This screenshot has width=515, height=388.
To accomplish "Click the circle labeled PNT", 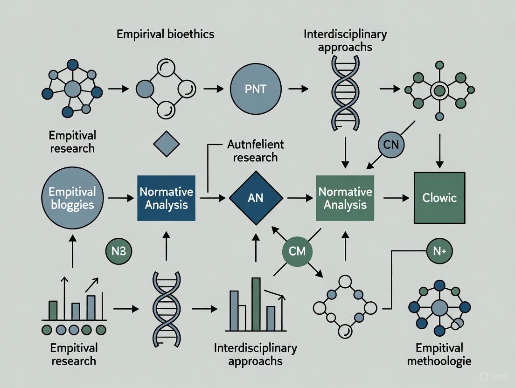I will point(256,89).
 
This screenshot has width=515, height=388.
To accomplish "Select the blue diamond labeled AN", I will point(256,198).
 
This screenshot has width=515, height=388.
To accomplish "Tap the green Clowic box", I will point(439,198).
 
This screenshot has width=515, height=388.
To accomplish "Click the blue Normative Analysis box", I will point(166,198).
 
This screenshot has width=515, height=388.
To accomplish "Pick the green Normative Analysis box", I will point(345,198).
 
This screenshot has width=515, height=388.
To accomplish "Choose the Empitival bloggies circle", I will point(72,198).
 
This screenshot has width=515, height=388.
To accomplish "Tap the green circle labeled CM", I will point(297,251).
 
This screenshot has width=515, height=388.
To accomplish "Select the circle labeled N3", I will point(119,252).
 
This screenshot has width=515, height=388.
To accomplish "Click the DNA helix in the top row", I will point(345,89).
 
